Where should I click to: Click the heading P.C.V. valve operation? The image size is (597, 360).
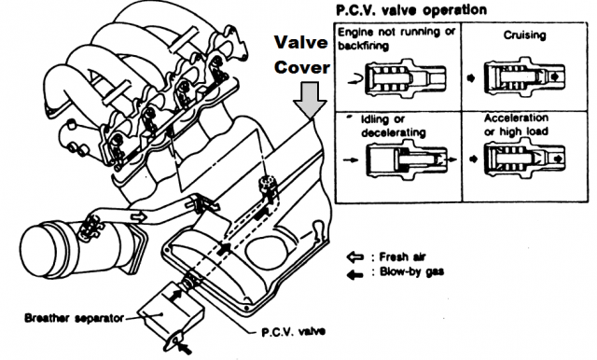pyautogui.click(x=411, y=10)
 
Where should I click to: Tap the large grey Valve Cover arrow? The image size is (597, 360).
pyautogui.click(x=310, y=101)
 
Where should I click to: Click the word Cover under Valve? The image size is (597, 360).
pyautogui.click(x=302, y=67)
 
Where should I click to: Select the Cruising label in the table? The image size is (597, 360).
pyautogui.click(x=524, y=35)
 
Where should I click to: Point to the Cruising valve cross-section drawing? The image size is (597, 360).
pyautogui.click(x=524, y=76)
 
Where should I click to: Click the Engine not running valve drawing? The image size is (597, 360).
pyautogui.click(x=405, y=78)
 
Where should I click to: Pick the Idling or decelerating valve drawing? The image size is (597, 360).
pyautogui.click(x=407, y=159)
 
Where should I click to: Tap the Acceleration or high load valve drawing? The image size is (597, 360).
pyautogui.click(x=524, y=159)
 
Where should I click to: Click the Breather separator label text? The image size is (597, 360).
pyautogui.click(x=75, y=318)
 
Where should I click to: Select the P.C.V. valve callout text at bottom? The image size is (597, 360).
pyautogui.click(x=293, y=332)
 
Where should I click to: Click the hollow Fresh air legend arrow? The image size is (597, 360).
pyautogui.click(x=354, y=257)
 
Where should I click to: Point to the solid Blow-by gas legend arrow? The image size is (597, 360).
pyautogui.click(x=354, y=274)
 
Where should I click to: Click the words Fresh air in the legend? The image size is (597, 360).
pyautogui.click(x=402, y=257)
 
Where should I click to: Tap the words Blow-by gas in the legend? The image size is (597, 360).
pyautogui.click(x=411, y=272)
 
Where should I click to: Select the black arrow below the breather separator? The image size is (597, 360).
pyautogui.click(x=186, y=349)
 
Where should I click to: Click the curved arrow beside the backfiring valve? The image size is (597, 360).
pyautogui.click(x=355, y=79)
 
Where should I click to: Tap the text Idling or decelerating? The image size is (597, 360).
pyautogui.click(x=394, y=126)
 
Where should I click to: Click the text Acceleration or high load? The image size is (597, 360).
pyautogui.click(x=516, y=124)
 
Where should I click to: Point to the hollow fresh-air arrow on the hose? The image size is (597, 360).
pyautogui.click(x=139, y=217)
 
